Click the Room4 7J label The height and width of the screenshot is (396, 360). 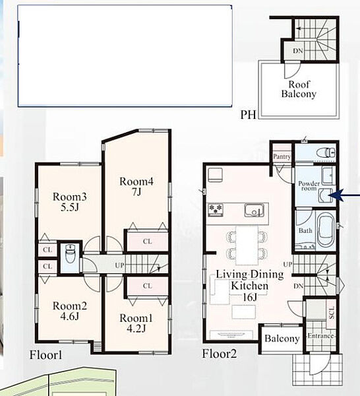(136, 186)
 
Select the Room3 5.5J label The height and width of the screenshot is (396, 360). (70, 202)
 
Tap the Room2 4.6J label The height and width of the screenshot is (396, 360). (70, 311)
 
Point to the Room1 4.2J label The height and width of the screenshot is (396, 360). (136, 323)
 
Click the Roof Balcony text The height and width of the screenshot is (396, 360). (299, 89)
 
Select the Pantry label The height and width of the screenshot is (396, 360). (282, 156)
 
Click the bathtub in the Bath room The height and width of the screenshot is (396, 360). (326, 230)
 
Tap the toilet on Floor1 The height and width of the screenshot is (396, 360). (71, 254)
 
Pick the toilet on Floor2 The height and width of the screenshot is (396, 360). (326, 152)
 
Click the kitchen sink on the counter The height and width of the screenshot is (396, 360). (254, 210)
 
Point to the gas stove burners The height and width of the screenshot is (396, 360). (216, 210)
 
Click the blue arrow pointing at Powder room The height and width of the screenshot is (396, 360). (344, 195)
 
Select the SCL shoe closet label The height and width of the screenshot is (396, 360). (332, 313)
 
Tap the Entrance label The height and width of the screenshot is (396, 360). (320, 336)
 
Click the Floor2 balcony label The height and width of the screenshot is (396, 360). (282, 339)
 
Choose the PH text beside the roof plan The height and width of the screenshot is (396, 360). (248, 115)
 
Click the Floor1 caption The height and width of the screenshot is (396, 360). (45, 355)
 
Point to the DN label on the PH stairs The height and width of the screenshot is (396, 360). (297, 51)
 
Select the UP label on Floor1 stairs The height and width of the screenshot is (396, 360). (119, 265)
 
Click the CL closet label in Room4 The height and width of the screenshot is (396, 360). (147, 242)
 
